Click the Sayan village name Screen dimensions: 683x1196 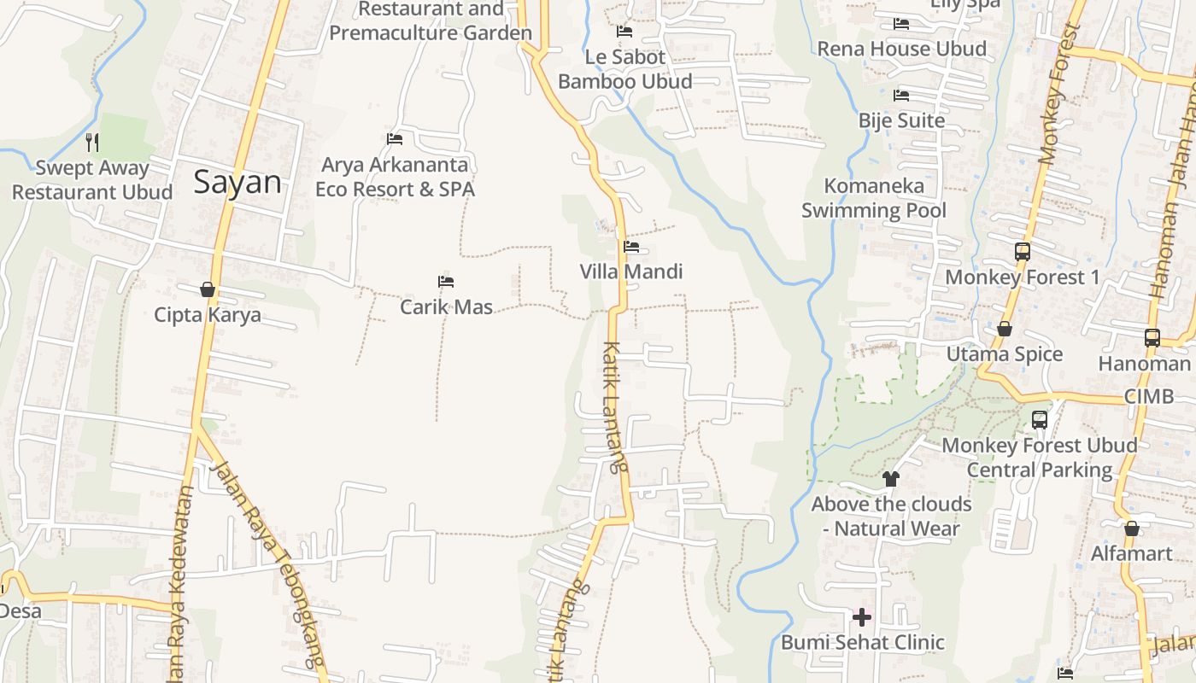click(x=237, y=182)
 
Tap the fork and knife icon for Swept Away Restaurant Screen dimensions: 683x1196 click(x=92, y=142)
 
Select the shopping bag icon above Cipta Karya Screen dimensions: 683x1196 click(x=207, y=289)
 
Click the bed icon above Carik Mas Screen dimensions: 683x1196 click(x=445, y=282)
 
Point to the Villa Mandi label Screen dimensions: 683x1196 click(x=631, y=271)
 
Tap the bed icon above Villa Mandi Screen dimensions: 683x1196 click(x=631, y=247)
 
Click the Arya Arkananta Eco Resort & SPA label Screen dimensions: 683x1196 click(x=395, y=177)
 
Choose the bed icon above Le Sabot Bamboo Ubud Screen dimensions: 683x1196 click(x=624, y=32)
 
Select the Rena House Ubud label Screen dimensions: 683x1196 click(x=902, y=49)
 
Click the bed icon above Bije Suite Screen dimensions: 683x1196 click(x=901, y=96)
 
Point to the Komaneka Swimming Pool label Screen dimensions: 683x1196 click(x=874, y=198)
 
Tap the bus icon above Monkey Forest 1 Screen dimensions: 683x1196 click(x=1023, y=252)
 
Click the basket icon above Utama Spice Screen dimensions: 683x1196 click(x=1005, y=329)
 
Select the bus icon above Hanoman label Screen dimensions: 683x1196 click(x=1152, y=338)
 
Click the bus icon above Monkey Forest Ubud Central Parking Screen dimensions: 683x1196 click(x=1040, y=420)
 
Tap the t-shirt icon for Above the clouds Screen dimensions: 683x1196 click(x=891, y=479)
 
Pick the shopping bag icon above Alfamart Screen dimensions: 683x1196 click(x=1132, y=528)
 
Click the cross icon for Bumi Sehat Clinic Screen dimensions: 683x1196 click(x=862, y=616)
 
